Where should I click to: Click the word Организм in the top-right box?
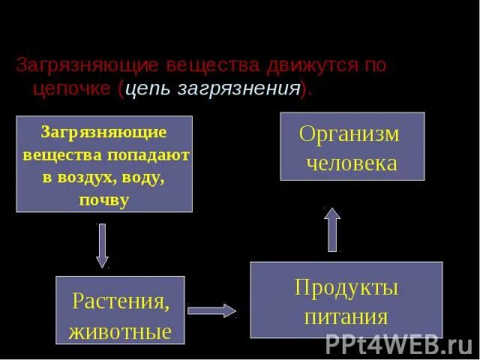click(349, 134)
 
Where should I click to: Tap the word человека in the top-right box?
click(352, 163)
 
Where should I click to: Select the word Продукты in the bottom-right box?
click(346, 287)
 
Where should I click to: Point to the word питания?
click(346, 316)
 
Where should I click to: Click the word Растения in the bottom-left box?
click(118, 301)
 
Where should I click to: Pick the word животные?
click(120, 331)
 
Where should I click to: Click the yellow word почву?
click(103, 201)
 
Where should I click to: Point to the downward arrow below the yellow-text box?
click(102, 245)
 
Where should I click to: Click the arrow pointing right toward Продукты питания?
click(211, 310)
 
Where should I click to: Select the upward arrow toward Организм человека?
click(332, 229)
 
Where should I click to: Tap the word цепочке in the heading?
click(73, 88)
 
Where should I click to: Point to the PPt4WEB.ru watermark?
click(398, 344)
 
